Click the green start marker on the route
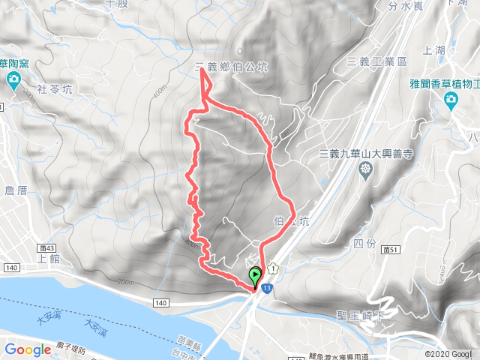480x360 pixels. (x=255, y=275)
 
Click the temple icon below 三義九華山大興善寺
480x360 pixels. (x=365, y=170)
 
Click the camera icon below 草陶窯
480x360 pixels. (x=14, y=81)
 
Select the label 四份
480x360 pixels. (x=362, y=243)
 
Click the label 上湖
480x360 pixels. (x=434, y=51)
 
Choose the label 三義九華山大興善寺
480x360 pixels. (x=366, y=154)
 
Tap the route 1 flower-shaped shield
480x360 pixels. (x=274, y=267)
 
